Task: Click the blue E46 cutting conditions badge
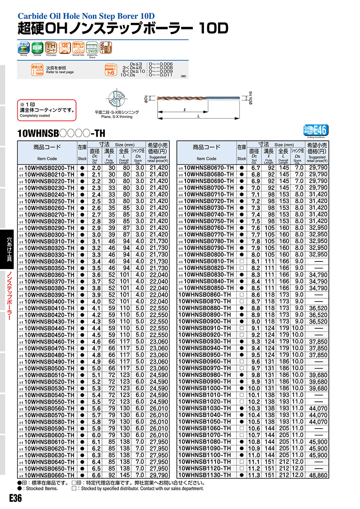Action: click(317, 130)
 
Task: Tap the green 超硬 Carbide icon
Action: click(37, 48)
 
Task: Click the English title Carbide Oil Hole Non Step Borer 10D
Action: click(86, 16)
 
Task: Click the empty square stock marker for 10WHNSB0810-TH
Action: click(242, 261)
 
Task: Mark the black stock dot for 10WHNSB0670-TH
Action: click(242, 168)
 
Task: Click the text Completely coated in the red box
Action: click(35, 116)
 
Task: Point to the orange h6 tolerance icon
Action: click(110, 70)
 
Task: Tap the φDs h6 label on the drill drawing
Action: click(250, 98)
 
